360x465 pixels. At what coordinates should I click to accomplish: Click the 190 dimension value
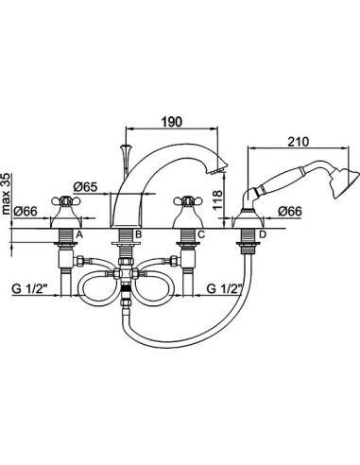172,122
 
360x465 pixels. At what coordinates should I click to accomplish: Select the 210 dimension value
298,142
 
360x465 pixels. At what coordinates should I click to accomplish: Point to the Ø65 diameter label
85,187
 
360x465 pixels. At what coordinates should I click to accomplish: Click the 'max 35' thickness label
6,194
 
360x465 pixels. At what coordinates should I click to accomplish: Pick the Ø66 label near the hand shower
290,211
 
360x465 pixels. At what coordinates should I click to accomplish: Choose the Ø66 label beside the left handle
26,211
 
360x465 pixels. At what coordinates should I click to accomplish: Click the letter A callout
79,234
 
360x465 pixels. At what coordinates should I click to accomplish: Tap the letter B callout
138,234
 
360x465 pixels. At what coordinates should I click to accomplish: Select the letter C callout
201,234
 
